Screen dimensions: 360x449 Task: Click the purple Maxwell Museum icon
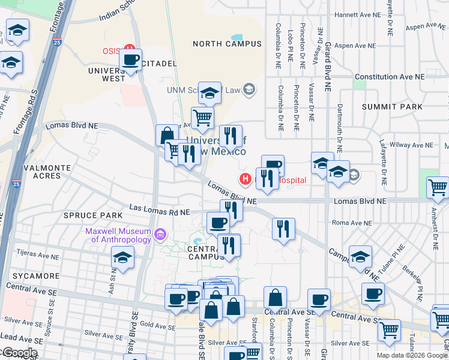160,234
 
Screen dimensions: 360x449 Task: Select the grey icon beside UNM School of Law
250,91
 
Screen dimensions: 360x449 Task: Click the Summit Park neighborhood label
393,106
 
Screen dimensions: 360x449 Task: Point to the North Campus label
228,44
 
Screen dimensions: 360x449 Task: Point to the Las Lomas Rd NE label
160,212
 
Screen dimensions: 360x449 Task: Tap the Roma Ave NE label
348,223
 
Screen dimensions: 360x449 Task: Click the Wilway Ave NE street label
411,145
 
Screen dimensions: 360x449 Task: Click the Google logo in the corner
19,353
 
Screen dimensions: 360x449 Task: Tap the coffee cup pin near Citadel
130,61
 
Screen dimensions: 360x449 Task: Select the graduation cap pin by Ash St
123,258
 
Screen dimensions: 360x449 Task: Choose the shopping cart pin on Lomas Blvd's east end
437,188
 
